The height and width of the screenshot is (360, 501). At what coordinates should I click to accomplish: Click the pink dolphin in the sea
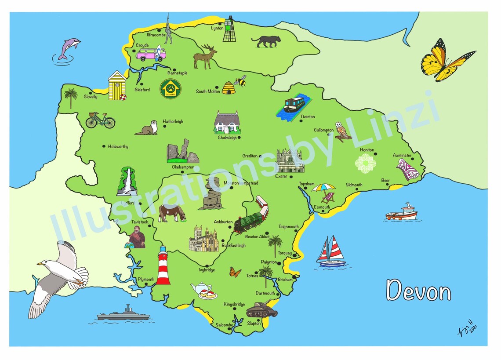69,47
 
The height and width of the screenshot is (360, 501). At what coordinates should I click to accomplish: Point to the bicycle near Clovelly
100,120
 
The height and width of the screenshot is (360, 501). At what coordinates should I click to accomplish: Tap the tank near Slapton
261,310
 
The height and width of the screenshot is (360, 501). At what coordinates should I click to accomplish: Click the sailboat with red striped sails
332,252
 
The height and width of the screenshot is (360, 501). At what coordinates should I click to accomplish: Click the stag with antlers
205,57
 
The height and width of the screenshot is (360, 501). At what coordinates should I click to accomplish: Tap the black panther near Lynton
266,41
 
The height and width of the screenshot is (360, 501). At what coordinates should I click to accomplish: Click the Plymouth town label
146,280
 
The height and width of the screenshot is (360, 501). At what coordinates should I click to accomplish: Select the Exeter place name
281,177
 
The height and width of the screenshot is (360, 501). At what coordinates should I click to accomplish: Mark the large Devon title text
418,291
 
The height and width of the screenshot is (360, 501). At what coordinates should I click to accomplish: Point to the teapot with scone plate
203,291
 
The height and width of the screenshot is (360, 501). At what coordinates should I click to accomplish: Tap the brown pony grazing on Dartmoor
172,213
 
